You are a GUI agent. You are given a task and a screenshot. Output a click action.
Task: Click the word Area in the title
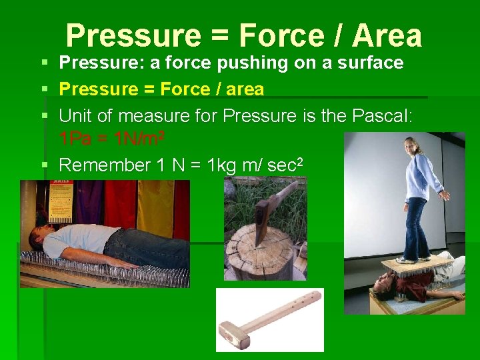[387, 35]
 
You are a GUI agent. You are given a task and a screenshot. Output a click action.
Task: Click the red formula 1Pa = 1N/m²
[112, 139]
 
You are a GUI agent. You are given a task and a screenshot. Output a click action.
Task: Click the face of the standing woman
[412, 146]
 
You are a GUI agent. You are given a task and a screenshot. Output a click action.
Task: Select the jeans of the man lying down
[150, 247]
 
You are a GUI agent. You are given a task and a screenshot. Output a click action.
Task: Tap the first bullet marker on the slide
[44, 63]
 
